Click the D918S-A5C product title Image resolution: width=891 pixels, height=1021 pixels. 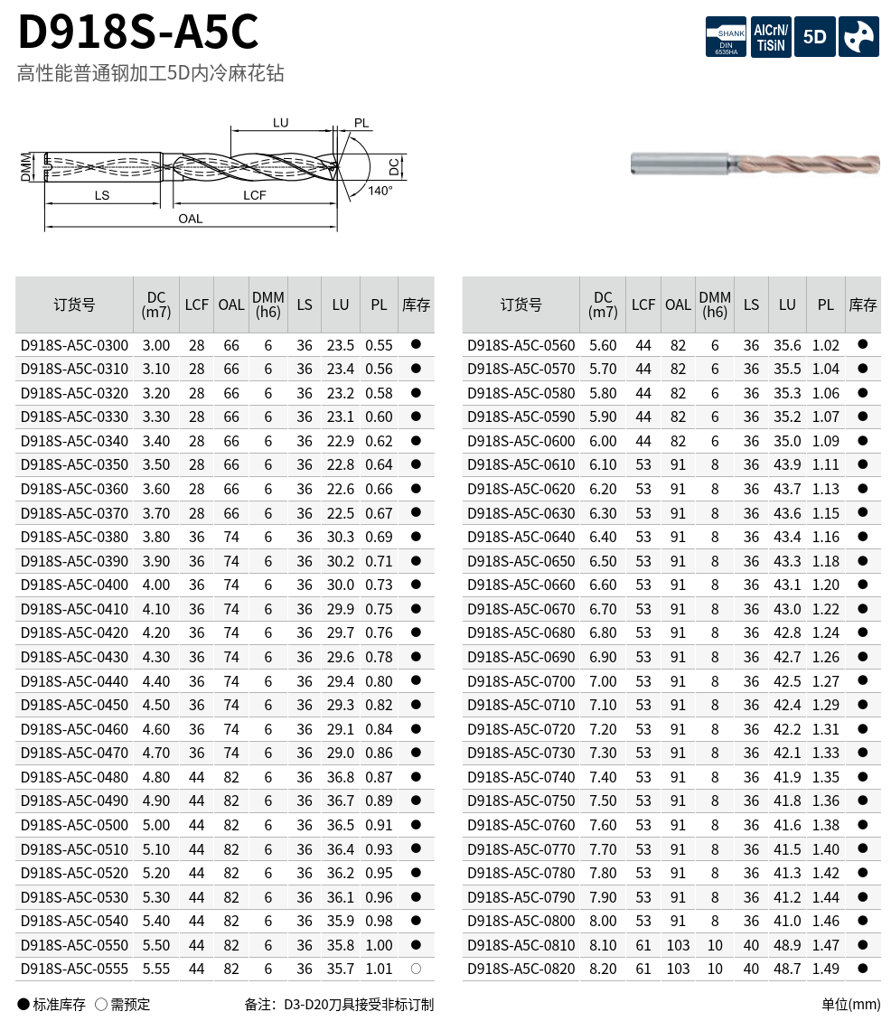[138, 32]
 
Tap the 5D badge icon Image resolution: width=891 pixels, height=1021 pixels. [815, 37]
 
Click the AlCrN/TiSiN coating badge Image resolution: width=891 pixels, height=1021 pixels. [771, 37]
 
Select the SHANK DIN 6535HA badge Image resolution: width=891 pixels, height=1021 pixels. [727, 37]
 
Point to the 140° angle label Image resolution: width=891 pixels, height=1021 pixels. [380, 190]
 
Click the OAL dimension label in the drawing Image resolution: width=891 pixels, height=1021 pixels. [190, 219]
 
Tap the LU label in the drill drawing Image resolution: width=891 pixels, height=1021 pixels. [281, 122]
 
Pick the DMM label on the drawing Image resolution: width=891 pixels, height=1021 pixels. [26, 166]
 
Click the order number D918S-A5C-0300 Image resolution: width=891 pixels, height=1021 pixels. [74, 345]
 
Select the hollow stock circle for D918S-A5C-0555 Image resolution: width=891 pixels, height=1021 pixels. [417, 969]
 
